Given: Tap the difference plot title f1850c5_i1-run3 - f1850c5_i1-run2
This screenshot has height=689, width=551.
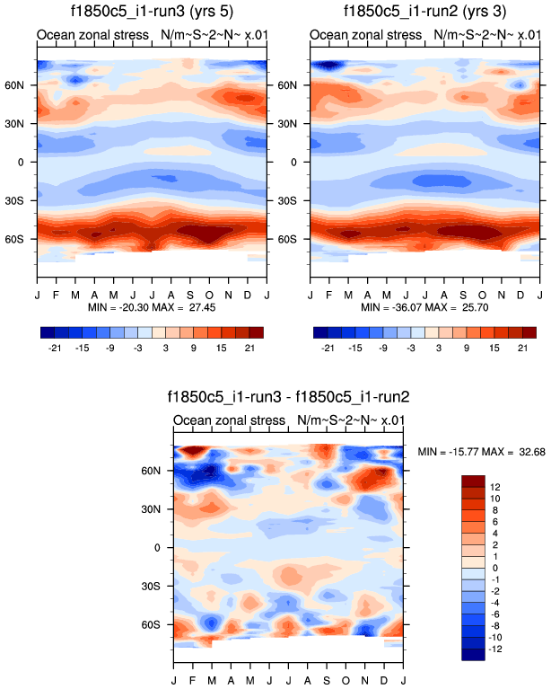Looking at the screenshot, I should coord(288,396).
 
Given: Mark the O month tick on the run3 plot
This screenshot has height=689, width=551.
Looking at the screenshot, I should coord(210,295).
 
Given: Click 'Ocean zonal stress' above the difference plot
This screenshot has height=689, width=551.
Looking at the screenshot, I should coord(226,420).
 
